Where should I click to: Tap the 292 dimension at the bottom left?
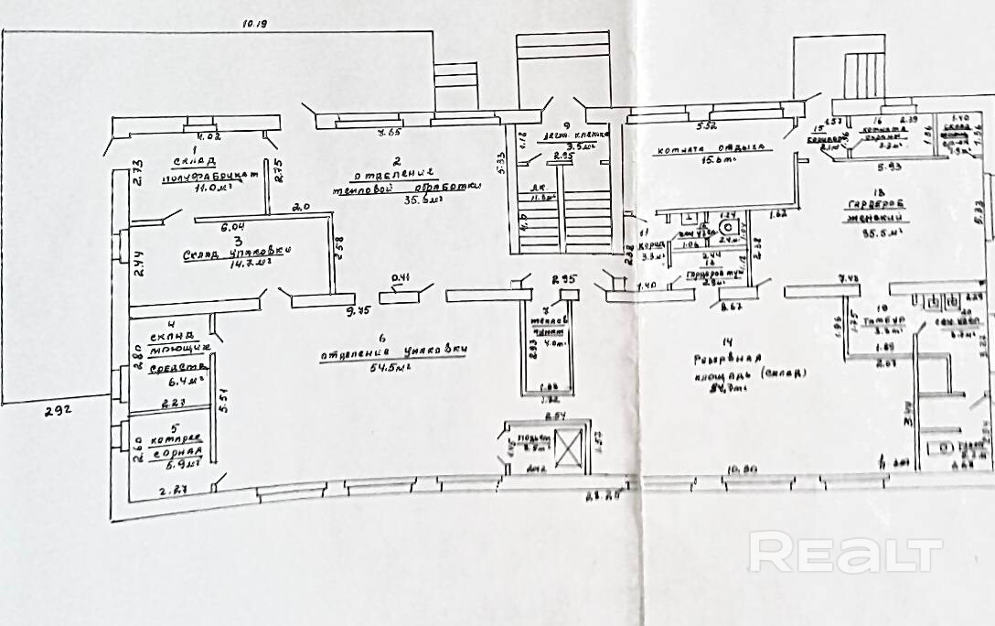coord(59,412)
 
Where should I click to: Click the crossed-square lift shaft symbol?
coord(567,448)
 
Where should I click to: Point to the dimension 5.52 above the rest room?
coord(705,125)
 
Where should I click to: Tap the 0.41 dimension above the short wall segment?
coord(400,278)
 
